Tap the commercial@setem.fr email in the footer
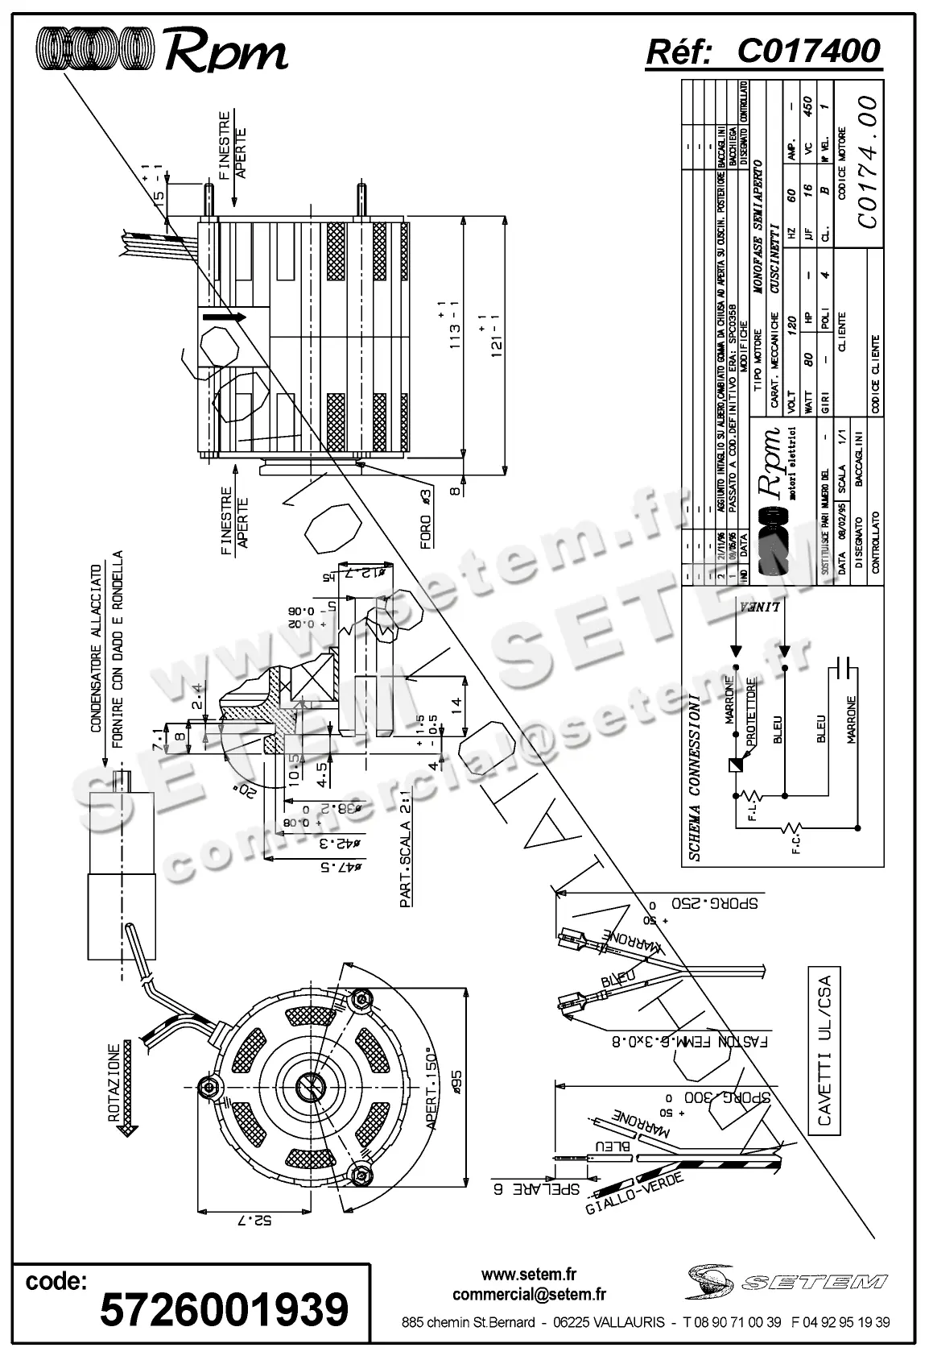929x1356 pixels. click(529, 1294)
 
